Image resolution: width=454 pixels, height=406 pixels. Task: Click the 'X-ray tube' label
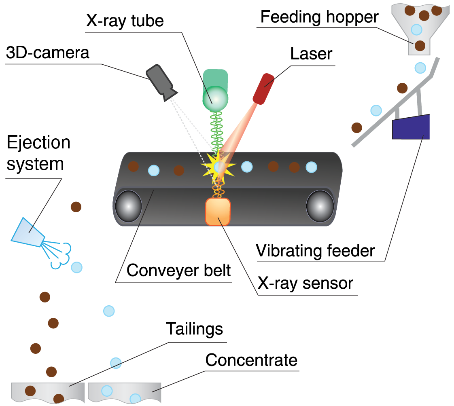point(125,20)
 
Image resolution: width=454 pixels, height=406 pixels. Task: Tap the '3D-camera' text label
point(47,53)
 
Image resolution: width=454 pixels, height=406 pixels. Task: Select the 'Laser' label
point(311,54)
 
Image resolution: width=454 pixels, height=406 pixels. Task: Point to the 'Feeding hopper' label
point(319,17)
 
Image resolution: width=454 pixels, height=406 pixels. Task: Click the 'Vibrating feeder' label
point(316,251)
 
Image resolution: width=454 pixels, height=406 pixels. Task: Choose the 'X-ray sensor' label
point(305,283)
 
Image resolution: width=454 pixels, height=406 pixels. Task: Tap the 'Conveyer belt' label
point(178,271)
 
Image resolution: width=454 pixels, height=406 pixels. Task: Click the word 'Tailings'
point(195,329)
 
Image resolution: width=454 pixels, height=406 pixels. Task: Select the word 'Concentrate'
point(251,359)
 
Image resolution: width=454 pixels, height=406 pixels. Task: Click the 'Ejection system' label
point(38,153)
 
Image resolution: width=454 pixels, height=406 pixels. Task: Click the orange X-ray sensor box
point(218,211)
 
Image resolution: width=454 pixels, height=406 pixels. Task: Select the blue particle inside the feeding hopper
point(416,29)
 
